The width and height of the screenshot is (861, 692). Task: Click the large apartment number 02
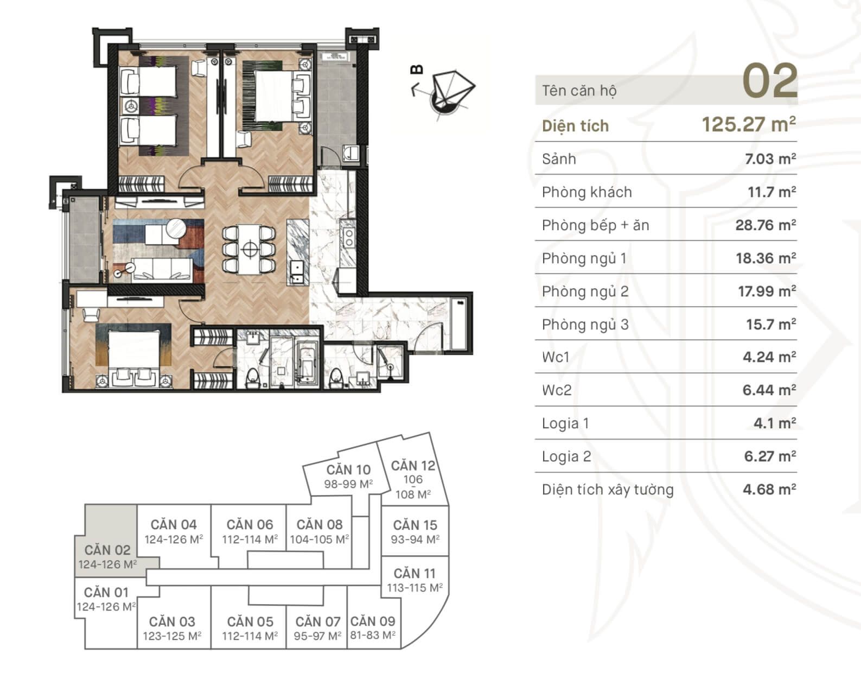pos(770,81)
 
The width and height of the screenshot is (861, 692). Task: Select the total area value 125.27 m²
pos(749,124)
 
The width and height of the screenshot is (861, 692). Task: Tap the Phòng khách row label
pos(586,193)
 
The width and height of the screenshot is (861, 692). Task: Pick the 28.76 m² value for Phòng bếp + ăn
pos(766,225)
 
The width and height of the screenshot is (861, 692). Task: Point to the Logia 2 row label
pos(566,456)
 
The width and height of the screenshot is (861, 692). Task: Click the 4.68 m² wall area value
pos(769,490)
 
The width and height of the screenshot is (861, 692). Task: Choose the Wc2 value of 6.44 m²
pos(769,390)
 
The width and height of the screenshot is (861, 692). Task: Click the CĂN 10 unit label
pos(348,469)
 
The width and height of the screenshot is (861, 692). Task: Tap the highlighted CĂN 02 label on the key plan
pos(107,550)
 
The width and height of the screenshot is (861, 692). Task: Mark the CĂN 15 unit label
pos(415,525)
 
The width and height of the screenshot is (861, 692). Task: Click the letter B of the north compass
pos(417,69)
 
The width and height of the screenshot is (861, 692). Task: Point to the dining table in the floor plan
pos(249,250)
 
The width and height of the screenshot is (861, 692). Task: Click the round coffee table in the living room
pos(176,228)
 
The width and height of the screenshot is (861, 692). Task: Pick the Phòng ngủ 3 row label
pos(585,325)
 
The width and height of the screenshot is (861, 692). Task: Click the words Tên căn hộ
pos(579,91)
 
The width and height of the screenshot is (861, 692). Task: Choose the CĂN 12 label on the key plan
pos(413,466)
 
